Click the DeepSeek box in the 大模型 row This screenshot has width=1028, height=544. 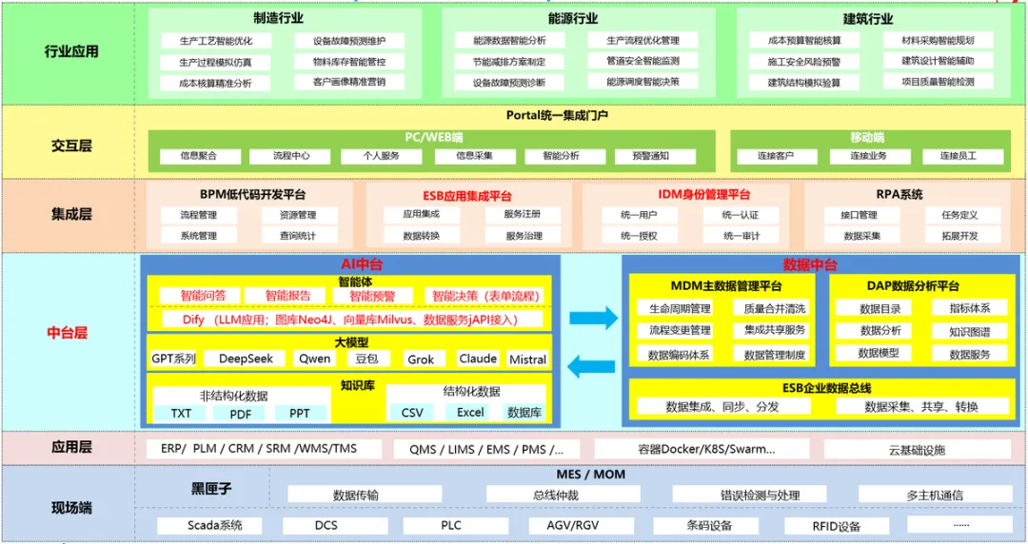pos(247,359)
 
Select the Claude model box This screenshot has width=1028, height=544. pos(478,359)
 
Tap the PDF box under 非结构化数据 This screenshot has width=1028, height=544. pos(240,413)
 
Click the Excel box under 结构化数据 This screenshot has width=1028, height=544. pos(470,412)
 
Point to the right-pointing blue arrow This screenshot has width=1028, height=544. pos(593,317)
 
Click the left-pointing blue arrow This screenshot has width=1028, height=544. pos(592,364)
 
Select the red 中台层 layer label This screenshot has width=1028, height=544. pos(68,333)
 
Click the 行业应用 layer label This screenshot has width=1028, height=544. pos(71,51)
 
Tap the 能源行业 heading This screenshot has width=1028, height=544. pos(573,18)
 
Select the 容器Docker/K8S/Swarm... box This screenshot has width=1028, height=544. pos(706,449)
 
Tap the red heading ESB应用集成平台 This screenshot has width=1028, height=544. pos(468,195)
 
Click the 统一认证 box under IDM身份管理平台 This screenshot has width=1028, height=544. pos(741,215)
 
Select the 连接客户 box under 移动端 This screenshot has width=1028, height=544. pos(776,155)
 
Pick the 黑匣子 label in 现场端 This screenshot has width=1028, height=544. pos(211,489)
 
